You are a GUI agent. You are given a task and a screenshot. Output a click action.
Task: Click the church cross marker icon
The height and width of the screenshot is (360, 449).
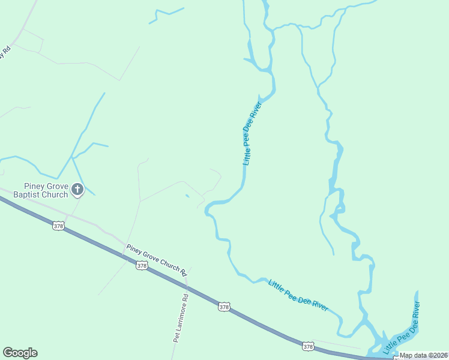(77, 190)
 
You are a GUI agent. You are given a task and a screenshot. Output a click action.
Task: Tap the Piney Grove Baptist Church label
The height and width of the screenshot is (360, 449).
(46, 190)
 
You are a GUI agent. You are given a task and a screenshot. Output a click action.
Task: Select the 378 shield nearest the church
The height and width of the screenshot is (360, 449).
(58, 226)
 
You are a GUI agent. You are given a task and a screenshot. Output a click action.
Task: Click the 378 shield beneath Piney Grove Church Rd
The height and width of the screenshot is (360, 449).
(142, 265)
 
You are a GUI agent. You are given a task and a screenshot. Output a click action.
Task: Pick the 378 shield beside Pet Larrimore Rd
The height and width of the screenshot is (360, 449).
(224, 307)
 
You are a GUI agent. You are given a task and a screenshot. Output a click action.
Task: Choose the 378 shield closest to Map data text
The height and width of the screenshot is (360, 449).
(308, 346)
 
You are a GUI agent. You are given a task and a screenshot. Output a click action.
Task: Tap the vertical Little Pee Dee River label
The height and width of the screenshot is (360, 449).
(253, 134)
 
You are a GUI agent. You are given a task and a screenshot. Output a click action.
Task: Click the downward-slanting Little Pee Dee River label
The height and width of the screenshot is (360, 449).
(298, 295)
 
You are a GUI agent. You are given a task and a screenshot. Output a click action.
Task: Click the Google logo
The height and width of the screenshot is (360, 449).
(20, 353)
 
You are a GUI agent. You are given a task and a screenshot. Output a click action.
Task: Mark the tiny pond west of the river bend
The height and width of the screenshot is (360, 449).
(187, 195)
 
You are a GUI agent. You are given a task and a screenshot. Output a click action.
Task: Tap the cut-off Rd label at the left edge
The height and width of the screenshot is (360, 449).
(7, 52)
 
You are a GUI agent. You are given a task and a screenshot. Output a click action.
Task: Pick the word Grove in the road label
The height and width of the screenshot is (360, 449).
(149, 257)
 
